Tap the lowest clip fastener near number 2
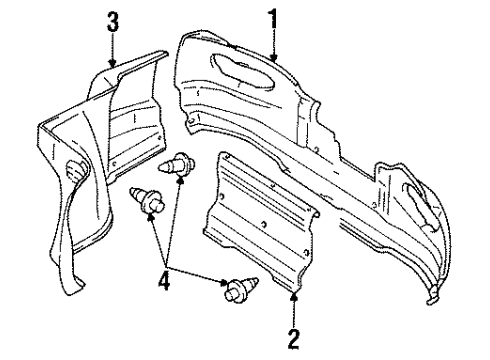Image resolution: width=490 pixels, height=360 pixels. tap(236, 291)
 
